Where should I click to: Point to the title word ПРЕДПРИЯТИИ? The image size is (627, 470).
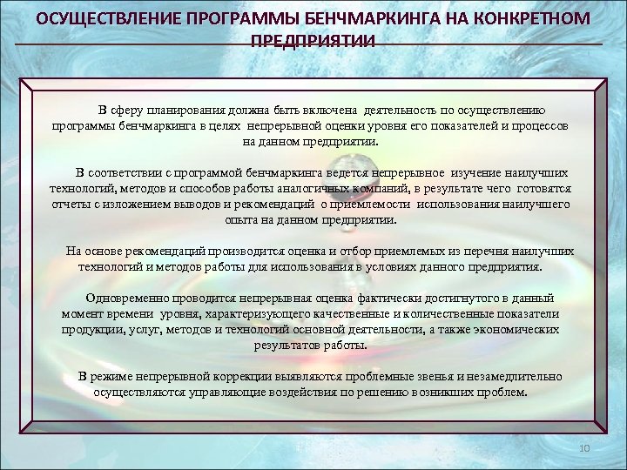coord(313,41)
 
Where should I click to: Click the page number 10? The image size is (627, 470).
coord(584,447)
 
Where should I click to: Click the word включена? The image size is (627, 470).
coord(332,110)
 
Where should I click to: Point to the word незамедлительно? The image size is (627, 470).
coord(511,376)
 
